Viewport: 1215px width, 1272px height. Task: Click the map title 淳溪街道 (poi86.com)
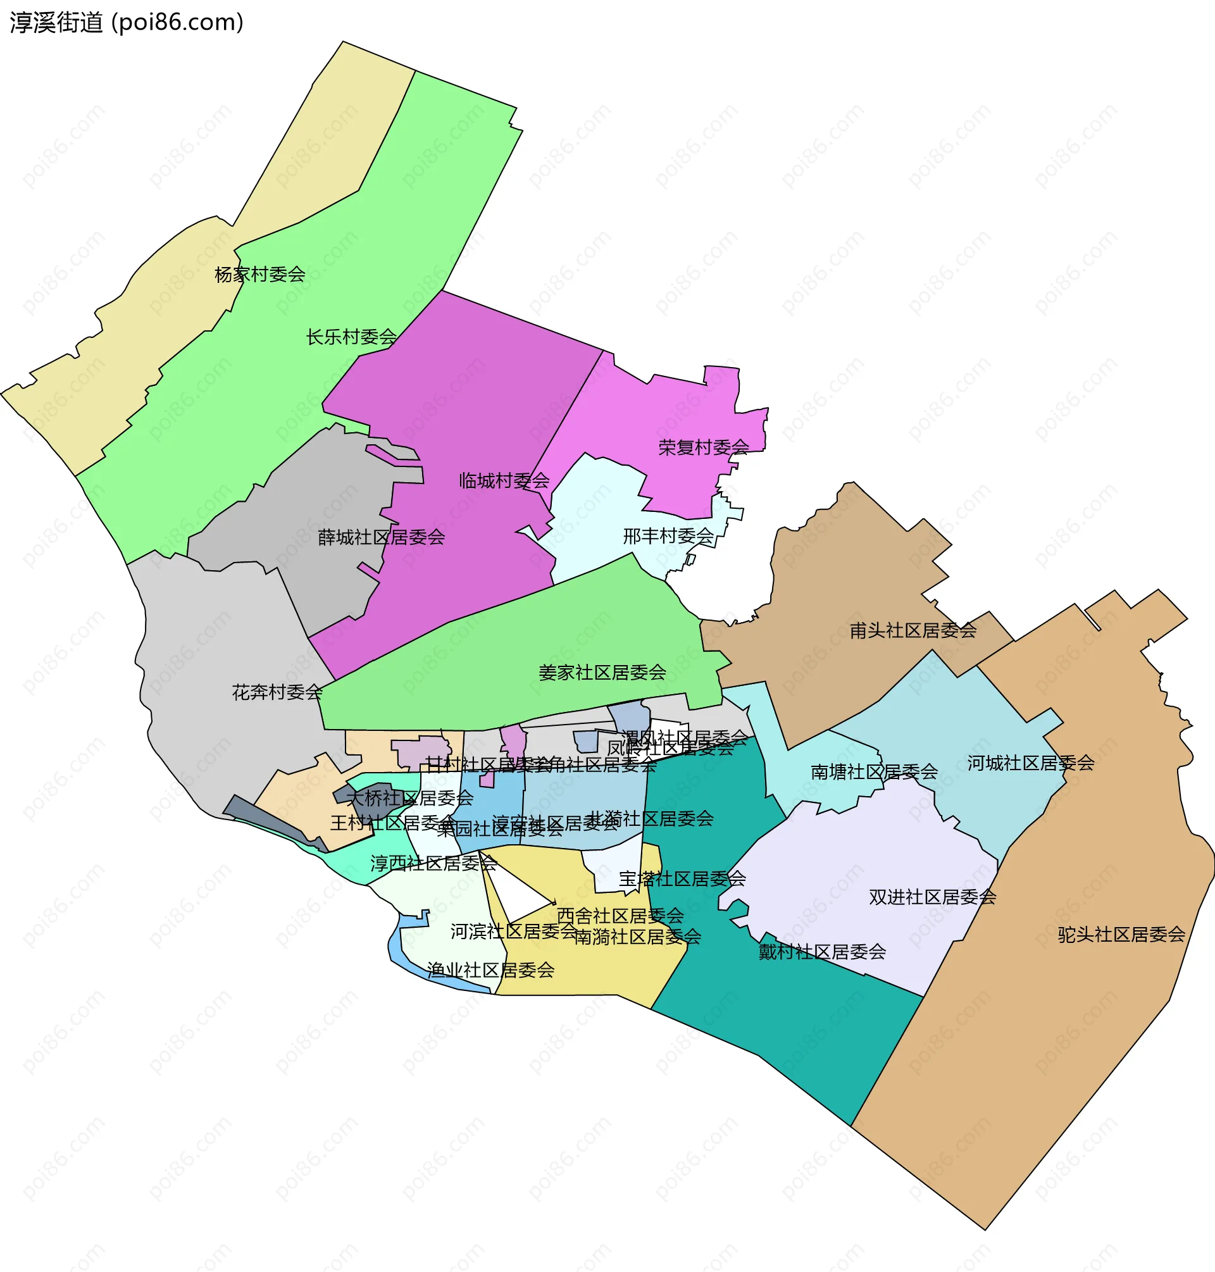point(127,23)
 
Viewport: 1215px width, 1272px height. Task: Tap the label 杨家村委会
point(259,275)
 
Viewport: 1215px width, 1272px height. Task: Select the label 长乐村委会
point(351,337)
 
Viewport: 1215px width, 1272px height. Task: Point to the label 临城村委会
point(504,480)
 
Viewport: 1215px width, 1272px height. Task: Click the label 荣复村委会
point(703,447)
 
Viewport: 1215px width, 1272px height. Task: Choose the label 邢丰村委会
point(668,535)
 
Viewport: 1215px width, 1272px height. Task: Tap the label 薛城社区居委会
point(382,537)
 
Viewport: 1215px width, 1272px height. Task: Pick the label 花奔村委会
point(277,692)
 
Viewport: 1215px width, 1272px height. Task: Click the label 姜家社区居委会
point(602,672)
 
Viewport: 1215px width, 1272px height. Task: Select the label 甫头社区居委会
point(913,630)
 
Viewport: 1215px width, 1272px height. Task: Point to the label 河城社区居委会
point(1031,763)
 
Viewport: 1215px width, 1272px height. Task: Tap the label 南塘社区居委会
point(875,771)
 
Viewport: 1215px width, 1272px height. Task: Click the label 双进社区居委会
point(933,897)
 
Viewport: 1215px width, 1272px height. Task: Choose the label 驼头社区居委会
point(1122,935)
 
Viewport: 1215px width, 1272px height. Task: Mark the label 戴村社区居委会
point(823,951)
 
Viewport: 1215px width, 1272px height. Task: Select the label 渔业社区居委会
point(491,970)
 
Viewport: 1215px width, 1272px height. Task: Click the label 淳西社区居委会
point(433,863)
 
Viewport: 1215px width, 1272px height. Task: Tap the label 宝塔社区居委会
point(683,879)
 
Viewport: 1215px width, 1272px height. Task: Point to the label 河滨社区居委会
point(514,932)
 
